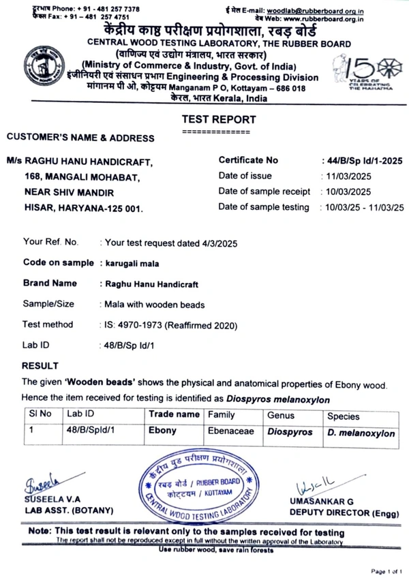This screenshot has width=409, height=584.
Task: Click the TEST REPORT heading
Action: coord(219,119)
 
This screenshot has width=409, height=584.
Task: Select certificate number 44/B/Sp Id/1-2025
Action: coord(364,161)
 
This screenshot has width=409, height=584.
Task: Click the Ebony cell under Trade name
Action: coord(162,431)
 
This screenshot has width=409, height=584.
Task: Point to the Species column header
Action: coord(343,416)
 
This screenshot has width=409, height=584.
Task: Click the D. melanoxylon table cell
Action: coord(361,433)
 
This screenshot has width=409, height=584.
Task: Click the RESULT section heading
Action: coord(40,366)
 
